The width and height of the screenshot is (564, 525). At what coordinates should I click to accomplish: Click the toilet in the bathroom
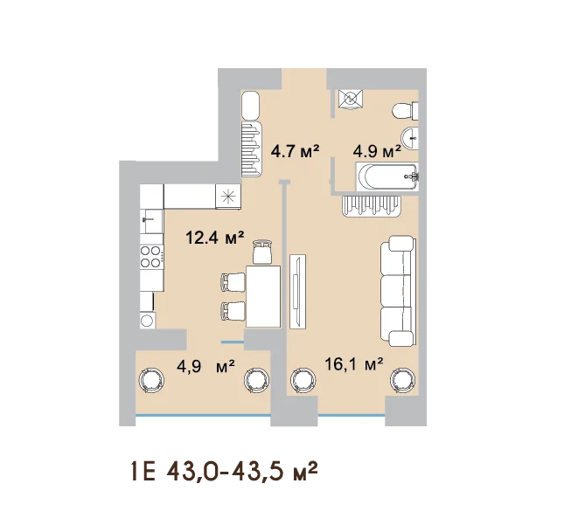(x=405, y=111)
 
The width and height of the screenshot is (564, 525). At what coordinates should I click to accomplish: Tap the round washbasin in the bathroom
(x=410, y=138)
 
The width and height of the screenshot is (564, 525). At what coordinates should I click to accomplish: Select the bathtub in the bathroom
(x=387, y=176)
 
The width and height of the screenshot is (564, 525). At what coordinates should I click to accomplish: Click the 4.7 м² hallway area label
(x=295, y=151)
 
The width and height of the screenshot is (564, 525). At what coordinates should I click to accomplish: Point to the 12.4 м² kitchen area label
(x=215, y=237)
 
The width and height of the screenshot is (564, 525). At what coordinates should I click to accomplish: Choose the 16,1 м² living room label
(x=353, y=364)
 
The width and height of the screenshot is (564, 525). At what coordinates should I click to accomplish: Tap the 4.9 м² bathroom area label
(x=377, y=151)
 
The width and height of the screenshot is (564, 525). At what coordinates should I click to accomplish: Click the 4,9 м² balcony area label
(x=205, y=367)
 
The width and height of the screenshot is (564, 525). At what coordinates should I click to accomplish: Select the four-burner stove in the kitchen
(x=151, y=257)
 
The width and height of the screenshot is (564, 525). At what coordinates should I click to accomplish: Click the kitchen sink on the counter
(x=151, y=221)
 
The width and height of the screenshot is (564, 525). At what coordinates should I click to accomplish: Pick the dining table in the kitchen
(x=263, y=296)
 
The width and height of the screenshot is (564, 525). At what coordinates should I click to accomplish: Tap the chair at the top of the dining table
(x=262, y=252)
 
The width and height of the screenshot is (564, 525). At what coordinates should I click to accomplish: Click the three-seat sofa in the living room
(x=398, y=291)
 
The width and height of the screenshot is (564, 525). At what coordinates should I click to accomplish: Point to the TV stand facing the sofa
(x=298, y=291)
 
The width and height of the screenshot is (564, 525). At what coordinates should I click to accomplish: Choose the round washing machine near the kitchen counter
(x=148, y=321)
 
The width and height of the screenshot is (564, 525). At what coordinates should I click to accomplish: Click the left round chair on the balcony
(x=151, y=380)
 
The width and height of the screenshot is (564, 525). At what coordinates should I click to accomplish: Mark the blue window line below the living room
(x=352, y=416)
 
